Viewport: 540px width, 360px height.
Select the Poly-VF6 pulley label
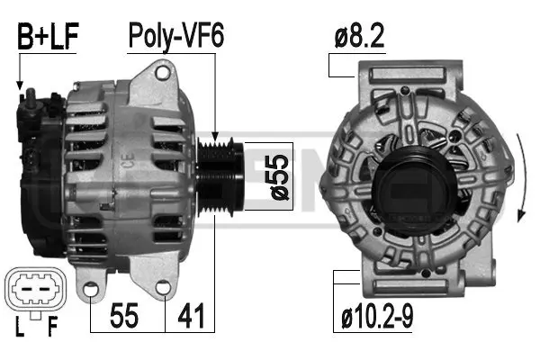click(x=175, y=37)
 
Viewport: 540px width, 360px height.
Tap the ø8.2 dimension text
click(x=360, y=37)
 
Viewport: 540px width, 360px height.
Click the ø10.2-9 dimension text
click(x=377, y=318)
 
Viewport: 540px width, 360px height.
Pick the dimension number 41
click(x=192, y=317)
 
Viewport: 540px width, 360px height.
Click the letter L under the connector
click(x=19, y=327)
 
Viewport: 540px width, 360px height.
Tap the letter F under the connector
click(x=52, y=327)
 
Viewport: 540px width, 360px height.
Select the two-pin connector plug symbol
click(x=35, y=290)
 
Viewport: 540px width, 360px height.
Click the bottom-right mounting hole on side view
click(x=163, y=288)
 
